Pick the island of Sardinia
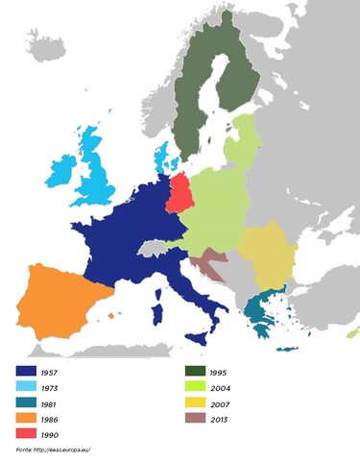(x=156, y=314)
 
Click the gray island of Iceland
(x=48, y=43)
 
